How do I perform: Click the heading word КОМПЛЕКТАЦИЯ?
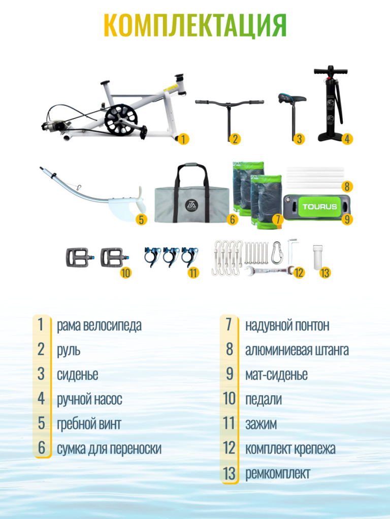[195, 25]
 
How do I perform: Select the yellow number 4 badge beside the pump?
[347, 139]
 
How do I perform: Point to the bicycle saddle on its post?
[292, 98]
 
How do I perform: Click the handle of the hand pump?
[331, 71]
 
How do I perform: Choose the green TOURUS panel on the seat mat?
[320, 207]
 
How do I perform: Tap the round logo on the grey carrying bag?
[191, 206]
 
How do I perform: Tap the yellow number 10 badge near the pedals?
[126, 273]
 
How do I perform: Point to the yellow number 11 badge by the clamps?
[193, 273]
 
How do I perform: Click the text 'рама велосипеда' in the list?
[99, 325]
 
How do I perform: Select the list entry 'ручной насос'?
[89, 399]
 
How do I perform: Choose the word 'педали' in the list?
[264, 399]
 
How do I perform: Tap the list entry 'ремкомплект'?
[278, 473]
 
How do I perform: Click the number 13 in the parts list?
[229, 473]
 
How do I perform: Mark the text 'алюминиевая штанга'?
[297, 350]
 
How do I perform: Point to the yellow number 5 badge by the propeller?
[142, 220]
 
